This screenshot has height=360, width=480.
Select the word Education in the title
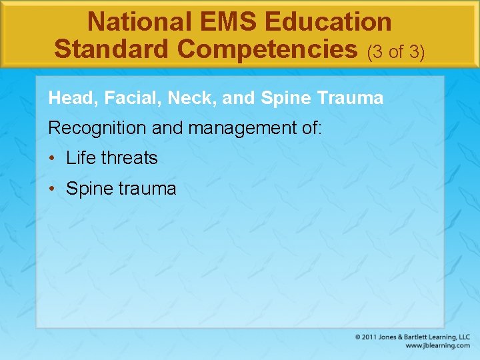coord(328,22)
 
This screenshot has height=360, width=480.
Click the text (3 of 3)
coord(396,51)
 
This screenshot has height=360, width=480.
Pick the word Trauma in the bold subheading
coord(351,99)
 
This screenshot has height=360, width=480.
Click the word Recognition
coord(97,127)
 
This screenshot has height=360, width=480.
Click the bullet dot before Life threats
coord(52,159)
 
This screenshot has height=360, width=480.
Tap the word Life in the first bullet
coord(81,158)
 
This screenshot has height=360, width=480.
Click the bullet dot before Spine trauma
coord(52,189)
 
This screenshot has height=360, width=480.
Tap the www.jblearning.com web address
coord(437,346)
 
